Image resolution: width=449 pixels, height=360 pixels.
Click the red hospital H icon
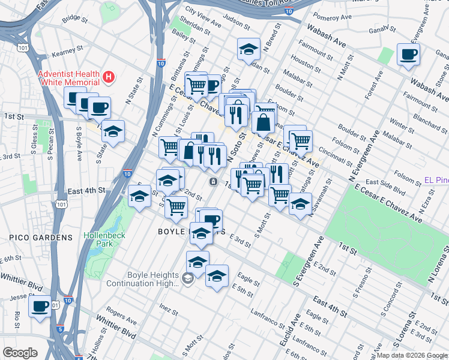click(108, 77)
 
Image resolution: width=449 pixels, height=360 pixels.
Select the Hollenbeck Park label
click(104, 239)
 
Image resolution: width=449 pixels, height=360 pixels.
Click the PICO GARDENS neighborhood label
click(41, 238)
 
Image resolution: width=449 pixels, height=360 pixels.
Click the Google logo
click(20, 353)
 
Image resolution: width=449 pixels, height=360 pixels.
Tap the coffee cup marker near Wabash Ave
click(408, 55)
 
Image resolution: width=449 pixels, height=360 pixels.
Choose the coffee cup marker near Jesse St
click(40, 306)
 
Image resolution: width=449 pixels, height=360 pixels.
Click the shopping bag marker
click(263, 122)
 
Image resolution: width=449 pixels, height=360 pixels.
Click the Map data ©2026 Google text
click(411, 355)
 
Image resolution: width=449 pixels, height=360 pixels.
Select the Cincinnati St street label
click(340, 152)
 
